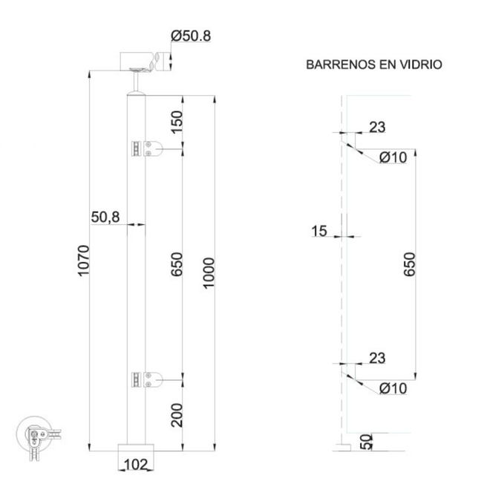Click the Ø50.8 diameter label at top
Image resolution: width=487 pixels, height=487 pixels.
pos(191,36)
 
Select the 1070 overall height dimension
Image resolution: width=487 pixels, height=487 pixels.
pos(84,261)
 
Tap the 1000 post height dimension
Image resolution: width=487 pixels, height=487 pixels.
pos(209,273)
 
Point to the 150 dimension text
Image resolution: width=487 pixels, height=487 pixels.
pos(177,122)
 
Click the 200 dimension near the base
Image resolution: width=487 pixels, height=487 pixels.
pos(177,415)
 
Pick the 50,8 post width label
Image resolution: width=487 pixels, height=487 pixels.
pos(105,217)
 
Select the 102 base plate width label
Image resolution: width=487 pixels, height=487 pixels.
pos(135,465)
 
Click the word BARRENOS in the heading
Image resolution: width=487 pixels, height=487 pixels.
pos(341,65)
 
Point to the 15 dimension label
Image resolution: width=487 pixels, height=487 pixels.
pos(319,231)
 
